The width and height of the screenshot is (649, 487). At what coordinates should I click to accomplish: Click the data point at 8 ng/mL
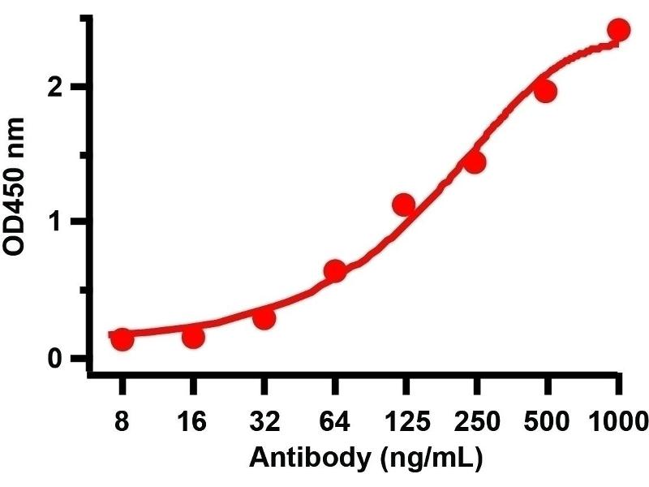click(122, 339)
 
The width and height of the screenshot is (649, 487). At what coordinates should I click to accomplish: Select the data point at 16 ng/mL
click(193, 336)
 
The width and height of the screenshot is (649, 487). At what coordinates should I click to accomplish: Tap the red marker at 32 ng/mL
click(264, 318)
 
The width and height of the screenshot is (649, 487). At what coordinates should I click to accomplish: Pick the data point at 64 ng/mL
click(334, 271)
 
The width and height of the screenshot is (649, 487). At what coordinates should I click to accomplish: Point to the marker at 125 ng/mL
click(404, 205)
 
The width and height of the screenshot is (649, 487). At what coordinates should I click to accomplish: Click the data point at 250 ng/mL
click(475, 162)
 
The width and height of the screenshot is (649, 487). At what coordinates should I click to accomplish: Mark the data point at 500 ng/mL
click(545, 91)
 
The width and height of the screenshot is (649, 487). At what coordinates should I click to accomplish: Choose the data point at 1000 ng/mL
click(618, 30)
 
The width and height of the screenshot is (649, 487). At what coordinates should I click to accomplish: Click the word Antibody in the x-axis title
click(294, 459)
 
